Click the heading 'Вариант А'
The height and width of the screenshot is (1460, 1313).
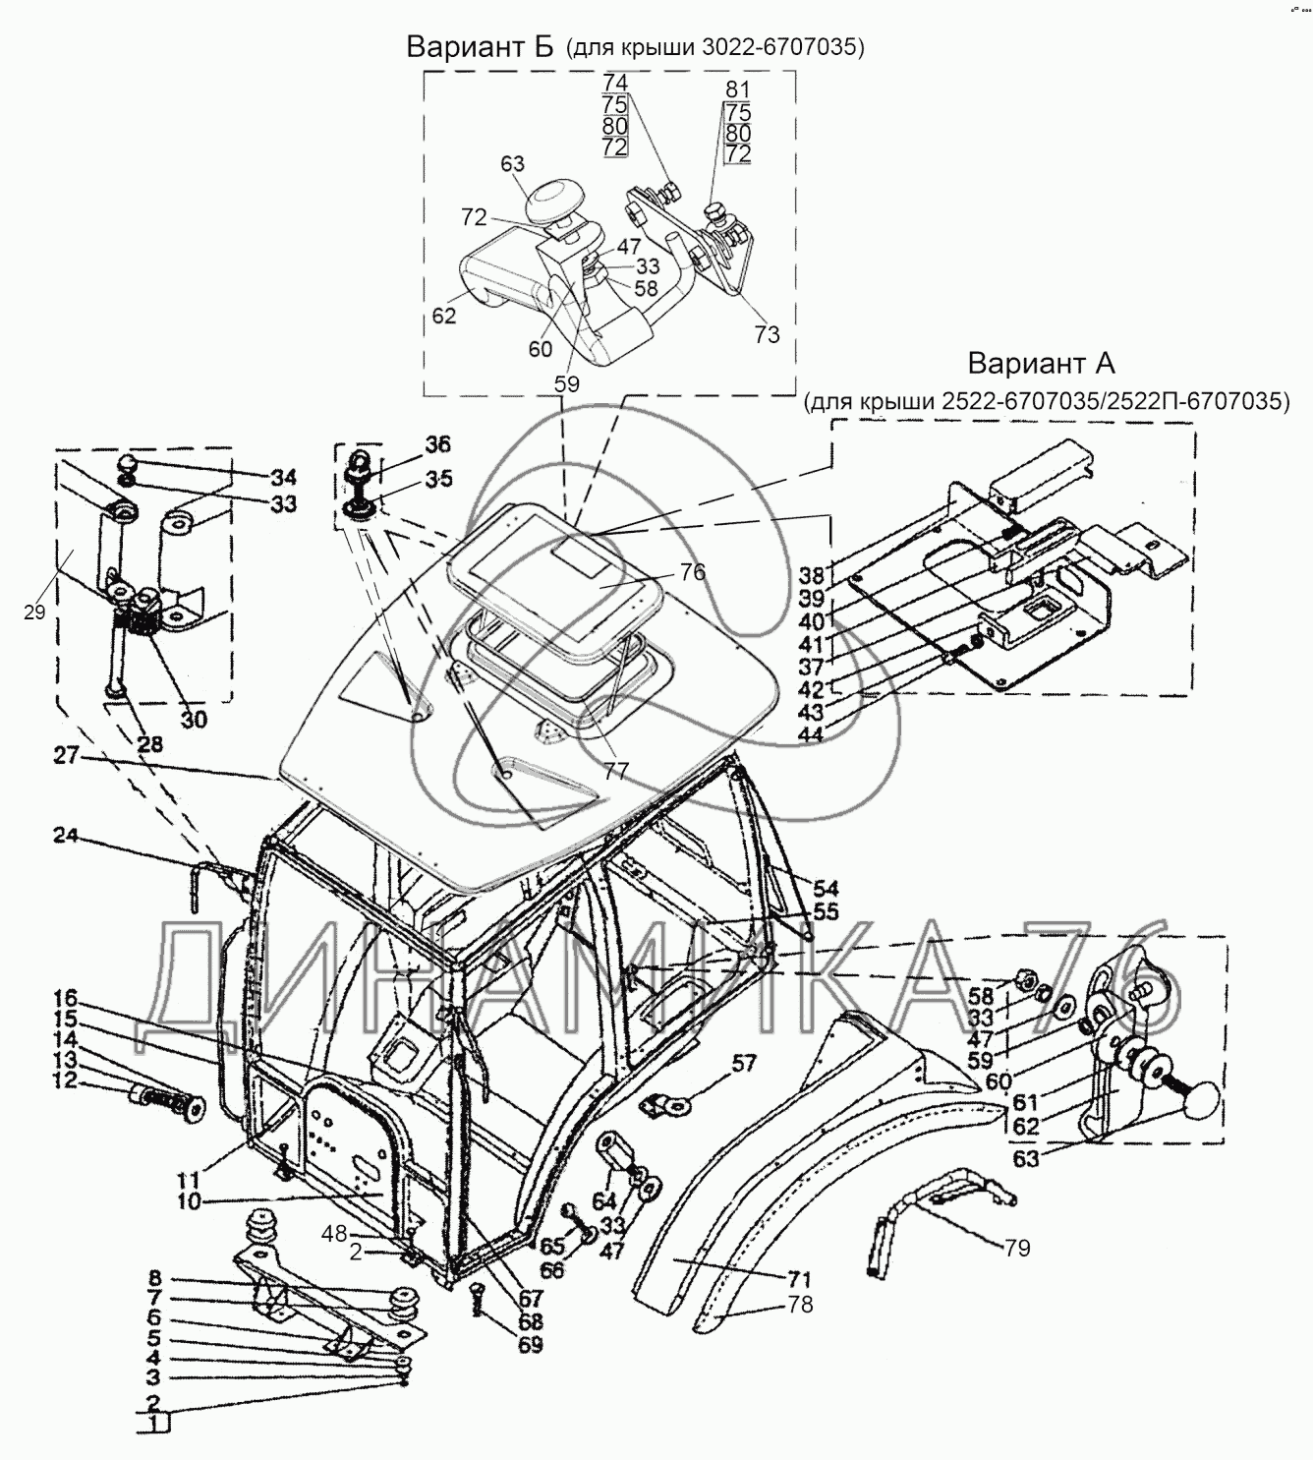[x=1041, y=364]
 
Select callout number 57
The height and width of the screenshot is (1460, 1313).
[x=744, y=1062]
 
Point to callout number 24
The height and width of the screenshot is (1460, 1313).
[x=66, y=837]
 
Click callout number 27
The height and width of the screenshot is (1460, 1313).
[x=65, y=758]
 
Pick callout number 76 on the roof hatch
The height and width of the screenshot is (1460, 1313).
[x=693, y=571]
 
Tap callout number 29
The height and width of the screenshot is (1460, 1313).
[x=35, y=613]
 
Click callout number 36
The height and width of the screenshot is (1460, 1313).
[x=438, y=443]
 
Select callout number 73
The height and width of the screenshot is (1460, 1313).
[x=767, y=334]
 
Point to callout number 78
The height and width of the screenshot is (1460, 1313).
[x=801, y=1307]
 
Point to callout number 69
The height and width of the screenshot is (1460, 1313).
[x=531, y=1345]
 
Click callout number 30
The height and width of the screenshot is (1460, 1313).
[x=194, y=720]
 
